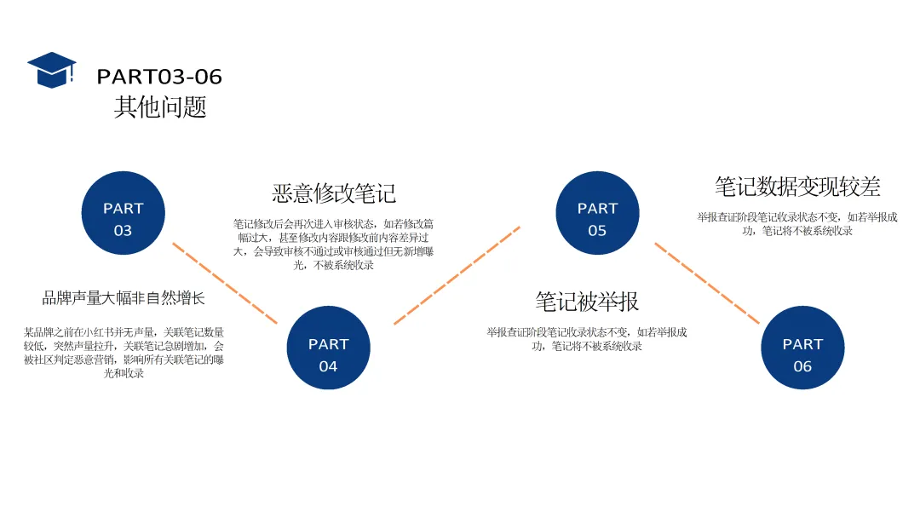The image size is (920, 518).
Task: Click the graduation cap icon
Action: click(51, 70)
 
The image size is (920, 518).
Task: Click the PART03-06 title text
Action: click(159, 77)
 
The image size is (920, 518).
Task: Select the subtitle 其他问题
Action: click(160, 107)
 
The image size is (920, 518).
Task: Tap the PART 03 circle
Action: click(124, 213)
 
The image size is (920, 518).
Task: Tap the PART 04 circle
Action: click(328, 348)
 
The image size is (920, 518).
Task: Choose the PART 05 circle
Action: click(597, 213)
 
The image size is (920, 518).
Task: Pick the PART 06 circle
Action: click(802, 348)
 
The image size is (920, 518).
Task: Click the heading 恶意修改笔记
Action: click(334, 193)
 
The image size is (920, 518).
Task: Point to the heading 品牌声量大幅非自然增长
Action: click(124, 299)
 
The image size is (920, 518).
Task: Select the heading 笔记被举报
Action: click(587, 302)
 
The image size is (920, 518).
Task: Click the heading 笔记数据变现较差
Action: click(797, 187)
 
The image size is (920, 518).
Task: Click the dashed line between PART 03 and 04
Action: click(225, 283)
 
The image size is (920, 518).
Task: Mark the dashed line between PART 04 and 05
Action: click(457, 275)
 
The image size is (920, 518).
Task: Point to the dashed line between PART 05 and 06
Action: click(706, 283)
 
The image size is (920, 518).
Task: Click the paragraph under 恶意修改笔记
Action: click(334, 245)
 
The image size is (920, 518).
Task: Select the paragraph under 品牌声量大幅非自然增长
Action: click(124, 353)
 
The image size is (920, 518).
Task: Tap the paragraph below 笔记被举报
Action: click(587, 339)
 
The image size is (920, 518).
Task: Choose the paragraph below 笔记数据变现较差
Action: click(797, 224)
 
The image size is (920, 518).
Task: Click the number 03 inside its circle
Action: click(124, 231)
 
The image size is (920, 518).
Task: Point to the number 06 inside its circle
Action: click(802, 366)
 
